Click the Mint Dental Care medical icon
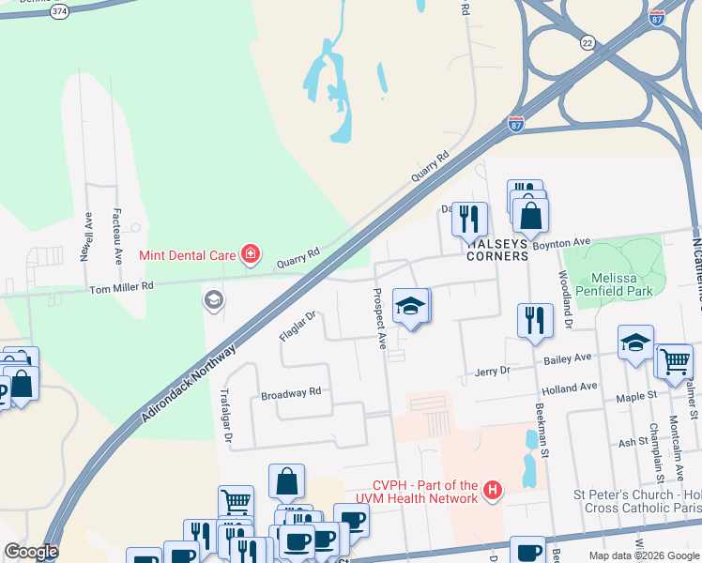(x=251, y=254)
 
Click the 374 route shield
(x=60, y=10)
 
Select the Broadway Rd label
(x=291, y=392)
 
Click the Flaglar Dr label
(x=299, y=326)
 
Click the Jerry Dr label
(x=492, y=372)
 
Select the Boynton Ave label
(x=560, y=243)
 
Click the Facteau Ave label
(x=117, y=235)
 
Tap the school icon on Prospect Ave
(x=410, y=307)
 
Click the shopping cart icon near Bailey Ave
(x=674, y=361)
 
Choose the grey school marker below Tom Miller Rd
(x=213, y=300)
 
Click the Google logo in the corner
(x=31, y=552)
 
